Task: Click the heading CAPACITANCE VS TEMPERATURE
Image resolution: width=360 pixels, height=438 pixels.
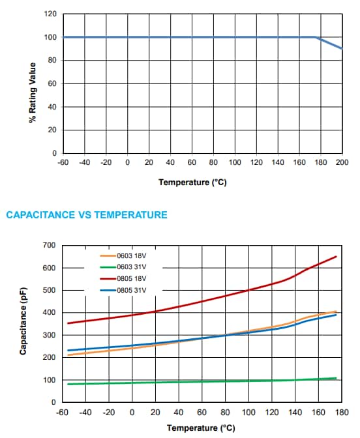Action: (87, 215)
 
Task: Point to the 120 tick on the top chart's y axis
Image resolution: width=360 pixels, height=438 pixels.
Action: (50, 14)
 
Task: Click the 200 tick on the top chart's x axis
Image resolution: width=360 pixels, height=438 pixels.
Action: (342, 162)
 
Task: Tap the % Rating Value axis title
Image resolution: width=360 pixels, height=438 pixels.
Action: (33, 93)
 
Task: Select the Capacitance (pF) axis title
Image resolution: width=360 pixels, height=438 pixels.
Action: (23, 321)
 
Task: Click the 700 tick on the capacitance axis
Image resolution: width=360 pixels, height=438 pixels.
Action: (49, 245)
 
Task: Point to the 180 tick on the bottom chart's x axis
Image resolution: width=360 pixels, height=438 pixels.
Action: (342, 413)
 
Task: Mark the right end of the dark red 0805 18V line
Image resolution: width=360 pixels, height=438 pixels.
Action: (337, 256)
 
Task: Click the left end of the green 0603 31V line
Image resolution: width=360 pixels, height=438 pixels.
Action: (68, 384)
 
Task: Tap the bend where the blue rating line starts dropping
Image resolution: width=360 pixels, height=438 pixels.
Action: (315, 37)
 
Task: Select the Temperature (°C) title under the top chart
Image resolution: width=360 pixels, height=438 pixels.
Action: (192, 182)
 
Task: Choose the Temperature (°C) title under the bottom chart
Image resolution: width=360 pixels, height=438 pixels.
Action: (201, 428)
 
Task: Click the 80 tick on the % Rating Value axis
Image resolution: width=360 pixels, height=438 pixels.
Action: (52, 60)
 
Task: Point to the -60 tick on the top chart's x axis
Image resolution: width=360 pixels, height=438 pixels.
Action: (63, 162)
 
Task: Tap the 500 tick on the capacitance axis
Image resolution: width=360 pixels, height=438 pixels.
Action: (49, 290)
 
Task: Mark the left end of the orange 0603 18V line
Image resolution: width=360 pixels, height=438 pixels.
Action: (68, 355)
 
